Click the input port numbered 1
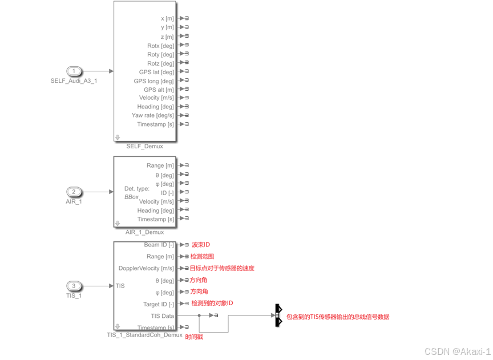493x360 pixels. tap(74, 71)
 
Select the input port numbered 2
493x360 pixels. tap(74, 192)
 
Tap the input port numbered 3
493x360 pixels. tap(74, 286)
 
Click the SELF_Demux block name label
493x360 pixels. tap(144, 147)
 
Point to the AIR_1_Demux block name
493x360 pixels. tap(144, 232)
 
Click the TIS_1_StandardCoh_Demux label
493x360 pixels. tap(144, 335)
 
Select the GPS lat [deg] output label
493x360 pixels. tap(156, 72)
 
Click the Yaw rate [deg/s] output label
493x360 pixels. tap(152, 115)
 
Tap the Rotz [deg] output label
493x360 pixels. tap(160, 63)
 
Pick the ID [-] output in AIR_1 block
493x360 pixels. tap(167, 193)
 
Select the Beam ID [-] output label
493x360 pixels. tap(159, 245)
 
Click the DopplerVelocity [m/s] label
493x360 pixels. tap(146, 268)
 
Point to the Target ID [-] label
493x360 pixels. tap(159, 304)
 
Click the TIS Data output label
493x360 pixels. tap(162, 315)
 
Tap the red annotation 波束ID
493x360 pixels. tap(200, 245)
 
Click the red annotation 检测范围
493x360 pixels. tap(203, 257)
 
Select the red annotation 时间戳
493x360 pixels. tap(194, 337)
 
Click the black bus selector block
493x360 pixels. tap(278, 315)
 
